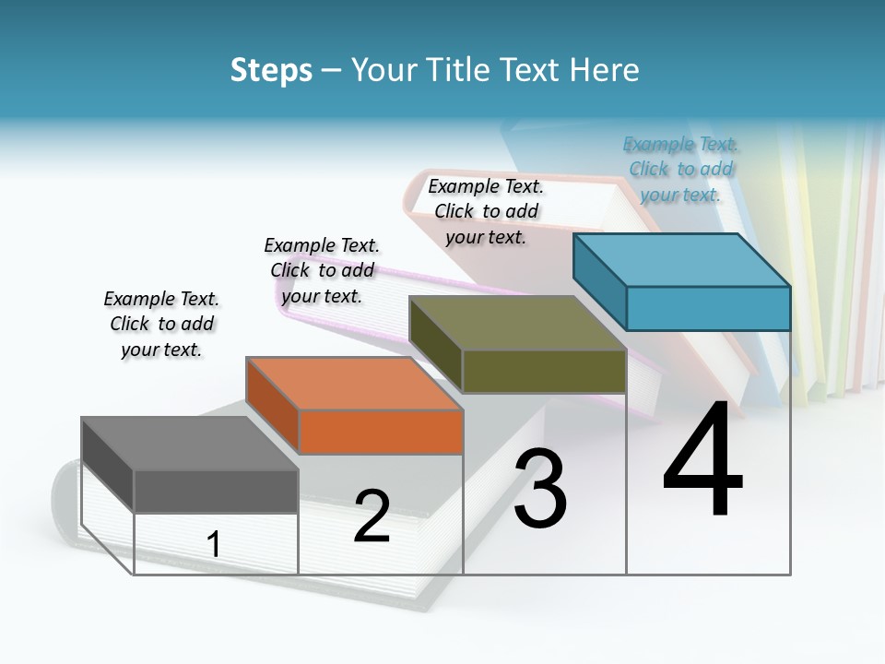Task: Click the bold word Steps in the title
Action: (271, 70)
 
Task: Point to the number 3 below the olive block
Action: (540, 489)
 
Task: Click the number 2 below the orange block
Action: (372, 516)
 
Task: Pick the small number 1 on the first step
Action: (214, 544)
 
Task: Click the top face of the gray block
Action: (189, 444)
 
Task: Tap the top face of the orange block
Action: (353, 383)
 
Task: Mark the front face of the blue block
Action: (708, 308)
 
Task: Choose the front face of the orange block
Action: (381, 432)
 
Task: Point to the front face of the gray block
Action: (216, 491)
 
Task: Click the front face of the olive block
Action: (544, 371)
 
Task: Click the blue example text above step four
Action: (680, 170)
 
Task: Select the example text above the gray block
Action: (161, 324)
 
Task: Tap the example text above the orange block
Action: (322, 270)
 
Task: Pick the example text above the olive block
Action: (486, 211)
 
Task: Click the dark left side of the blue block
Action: (599, 281)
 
